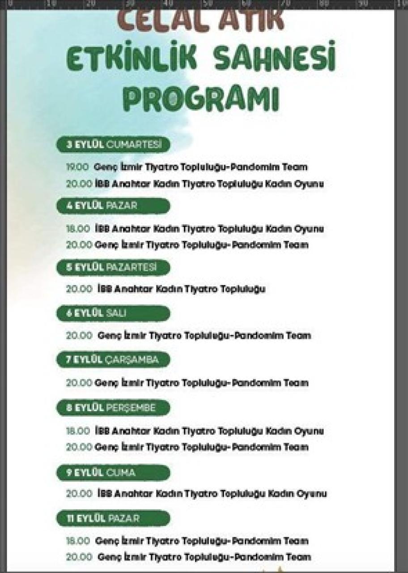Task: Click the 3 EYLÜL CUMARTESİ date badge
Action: [113, 145]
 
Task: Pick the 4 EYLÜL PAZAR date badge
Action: [113, 206]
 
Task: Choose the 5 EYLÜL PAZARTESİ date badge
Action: [113, 267]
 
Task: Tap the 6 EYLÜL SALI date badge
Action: [113, 313]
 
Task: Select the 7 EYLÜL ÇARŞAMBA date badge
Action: [113, 359]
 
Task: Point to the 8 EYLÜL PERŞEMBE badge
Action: [113, 408]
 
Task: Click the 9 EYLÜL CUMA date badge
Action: [113, 473]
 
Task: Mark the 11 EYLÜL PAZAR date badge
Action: [113, 518]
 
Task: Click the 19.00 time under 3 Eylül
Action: [78, 167]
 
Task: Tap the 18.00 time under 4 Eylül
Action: [78, 229]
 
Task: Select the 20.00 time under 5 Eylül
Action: [79, 289]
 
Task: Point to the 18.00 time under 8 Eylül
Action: [78, 431]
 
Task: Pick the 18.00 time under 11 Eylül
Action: [78, 541]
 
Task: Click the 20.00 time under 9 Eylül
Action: [79, 494]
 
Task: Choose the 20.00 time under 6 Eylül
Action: [79, 335]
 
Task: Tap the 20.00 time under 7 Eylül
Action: [79, 383]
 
